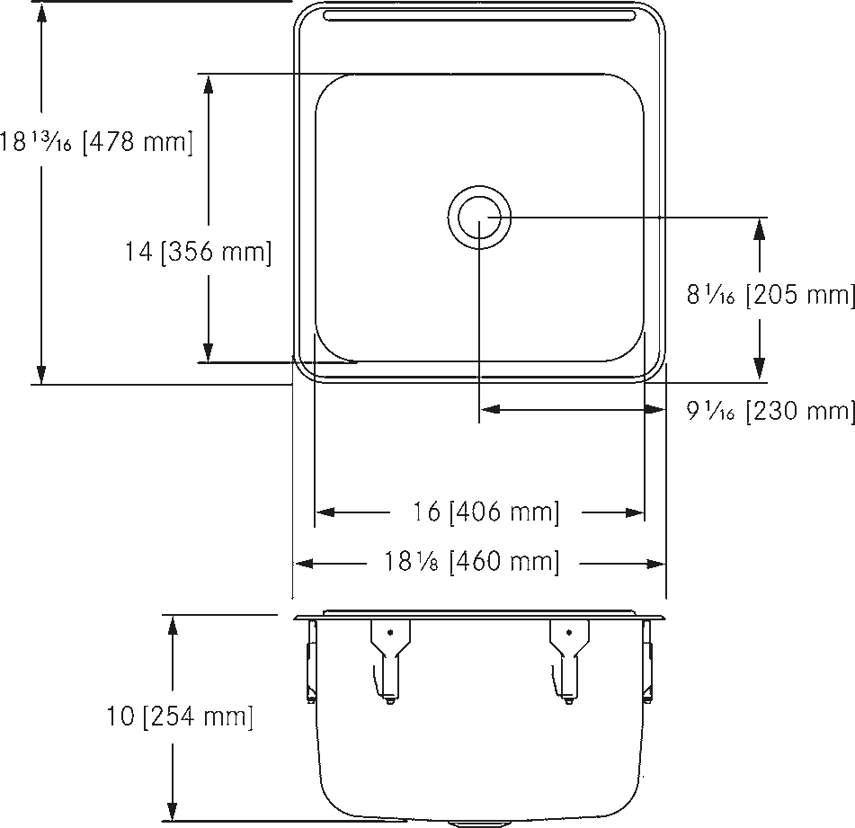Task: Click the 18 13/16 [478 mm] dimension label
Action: (x=96, y=142)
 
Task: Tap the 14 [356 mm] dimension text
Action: (x=199, y=252)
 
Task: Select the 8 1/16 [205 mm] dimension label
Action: (x=770, y=295)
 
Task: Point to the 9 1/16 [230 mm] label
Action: (x=770, y=411)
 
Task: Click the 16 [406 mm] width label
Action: (x=485, y=512)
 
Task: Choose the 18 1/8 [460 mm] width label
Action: (x=472, y=562)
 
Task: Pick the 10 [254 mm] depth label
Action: (x=180, y=716)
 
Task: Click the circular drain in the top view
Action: (x=479, y=218)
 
